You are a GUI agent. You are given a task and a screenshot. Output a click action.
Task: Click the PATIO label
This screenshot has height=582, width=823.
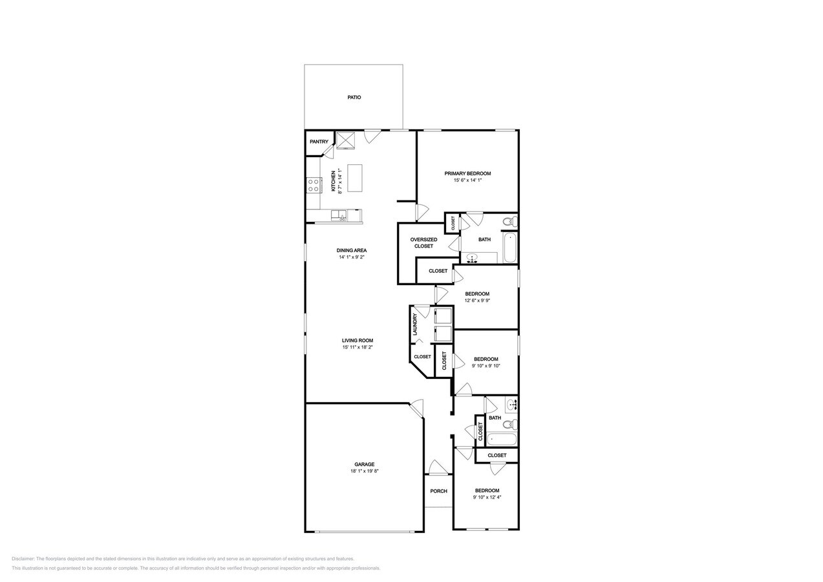click(x=354, y=98)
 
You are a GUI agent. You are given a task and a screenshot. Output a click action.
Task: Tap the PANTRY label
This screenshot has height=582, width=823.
click(x=319, y=142)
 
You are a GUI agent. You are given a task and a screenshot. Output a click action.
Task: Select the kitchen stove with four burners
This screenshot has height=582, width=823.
click(x=314, y=185)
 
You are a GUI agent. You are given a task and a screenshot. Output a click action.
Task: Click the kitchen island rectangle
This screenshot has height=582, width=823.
click(x=355, y=178)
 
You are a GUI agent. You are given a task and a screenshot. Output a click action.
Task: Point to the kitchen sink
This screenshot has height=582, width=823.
click(x=81, y=216)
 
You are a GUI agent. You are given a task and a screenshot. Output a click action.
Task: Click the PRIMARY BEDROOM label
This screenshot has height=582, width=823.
click(x=467, y=173)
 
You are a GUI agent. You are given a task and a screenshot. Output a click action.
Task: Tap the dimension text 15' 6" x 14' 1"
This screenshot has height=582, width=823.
click(x=467, y=180)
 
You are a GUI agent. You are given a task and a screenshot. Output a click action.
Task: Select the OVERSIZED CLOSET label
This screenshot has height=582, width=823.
click(x=423, y=243)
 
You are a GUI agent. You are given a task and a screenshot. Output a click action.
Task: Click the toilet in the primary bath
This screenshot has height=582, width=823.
click(x=510, y=222)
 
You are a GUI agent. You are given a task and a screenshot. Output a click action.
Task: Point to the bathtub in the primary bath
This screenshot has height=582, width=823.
click(x=509, y=248)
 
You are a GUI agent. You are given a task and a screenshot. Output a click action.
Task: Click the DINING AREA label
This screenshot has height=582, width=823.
click(x=352, y=251)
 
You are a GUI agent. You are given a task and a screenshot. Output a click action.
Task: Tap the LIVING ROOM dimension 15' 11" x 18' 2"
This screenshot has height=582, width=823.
click(x=358, y=347)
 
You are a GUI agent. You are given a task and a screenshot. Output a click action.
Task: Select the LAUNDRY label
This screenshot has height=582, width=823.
click(x=415, y=324)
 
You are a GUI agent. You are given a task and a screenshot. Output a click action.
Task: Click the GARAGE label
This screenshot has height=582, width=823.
click(x=365, y=464)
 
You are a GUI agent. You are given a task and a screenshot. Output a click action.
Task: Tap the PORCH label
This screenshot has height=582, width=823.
click(x=439, y=491)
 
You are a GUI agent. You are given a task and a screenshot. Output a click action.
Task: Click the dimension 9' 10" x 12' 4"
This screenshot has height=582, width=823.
click(x=487, y=497)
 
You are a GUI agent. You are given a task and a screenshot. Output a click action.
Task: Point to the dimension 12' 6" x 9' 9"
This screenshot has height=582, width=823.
click(x=477, y=301)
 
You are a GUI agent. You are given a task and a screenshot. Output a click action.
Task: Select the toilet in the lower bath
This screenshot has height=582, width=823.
click(x=510, y=425)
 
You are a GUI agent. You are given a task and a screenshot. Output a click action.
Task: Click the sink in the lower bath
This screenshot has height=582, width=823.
click(x=511, y=405)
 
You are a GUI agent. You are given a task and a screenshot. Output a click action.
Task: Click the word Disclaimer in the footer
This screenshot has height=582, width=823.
click(x=23, y=559)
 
